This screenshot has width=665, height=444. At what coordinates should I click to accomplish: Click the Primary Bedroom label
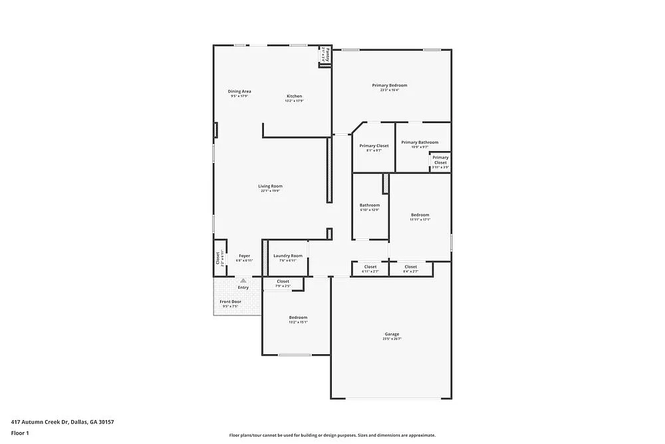click(389, 85)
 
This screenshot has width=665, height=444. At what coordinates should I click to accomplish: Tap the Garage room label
click(392, 334)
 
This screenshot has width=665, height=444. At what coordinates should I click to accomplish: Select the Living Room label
click(271, 186)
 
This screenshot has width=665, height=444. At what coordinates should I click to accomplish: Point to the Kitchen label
click(294, 96)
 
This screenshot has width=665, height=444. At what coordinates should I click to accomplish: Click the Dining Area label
click(239, 91)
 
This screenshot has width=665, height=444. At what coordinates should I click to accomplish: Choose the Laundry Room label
click(287, 256)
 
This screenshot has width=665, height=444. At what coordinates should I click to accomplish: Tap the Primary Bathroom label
click(420, 142)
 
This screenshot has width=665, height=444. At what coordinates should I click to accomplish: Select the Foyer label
click(244, 256)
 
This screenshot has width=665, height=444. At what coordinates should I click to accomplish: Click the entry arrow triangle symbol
click(243, 281)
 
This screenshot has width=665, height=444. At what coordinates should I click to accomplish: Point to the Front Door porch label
click(231, 302)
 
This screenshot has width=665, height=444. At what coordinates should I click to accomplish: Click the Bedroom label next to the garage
click(298, 318)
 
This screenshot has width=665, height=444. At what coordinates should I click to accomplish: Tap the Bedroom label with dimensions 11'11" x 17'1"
click(420, 215)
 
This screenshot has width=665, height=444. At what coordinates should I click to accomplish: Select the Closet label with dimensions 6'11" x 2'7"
click(370, 267)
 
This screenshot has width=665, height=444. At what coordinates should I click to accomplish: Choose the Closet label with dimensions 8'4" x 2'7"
click(410, 267)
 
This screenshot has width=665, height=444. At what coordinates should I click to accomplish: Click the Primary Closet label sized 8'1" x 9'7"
click(374, 146)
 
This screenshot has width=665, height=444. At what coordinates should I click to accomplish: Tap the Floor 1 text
click(20, 433)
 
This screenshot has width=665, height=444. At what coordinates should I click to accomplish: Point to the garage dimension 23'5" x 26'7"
click(392, 339)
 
